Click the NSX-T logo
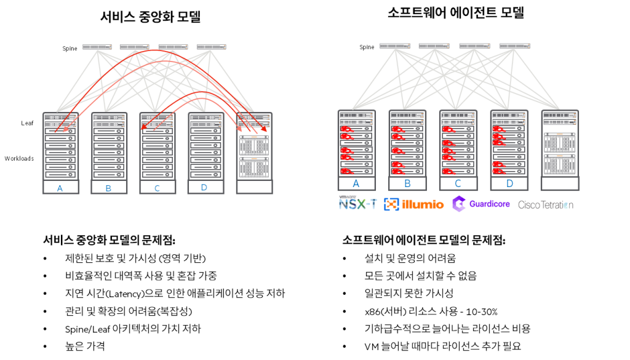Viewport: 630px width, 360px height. [357, 202]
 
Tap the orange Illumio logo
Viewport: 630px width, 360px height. [413, 204]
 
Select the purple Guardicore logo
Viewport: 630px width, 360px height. [481, 204]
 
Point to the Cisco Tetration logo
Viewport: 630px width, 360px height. [546, 205]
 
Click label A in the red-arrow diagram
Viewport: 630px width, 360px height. [60, 188]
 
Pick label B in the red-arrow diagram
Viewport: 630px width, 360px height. [108, 188]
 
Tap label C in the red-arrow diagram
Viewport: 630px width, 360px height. [157, 188]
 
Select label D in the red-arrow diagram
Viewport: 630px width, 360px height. [204, 187]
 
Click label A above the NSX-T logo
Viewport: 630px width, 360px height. [356, 183]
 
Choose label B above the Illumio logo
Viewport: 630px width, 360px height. [407, 183]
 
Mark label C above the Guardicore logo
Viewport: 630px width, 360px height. [458, 183]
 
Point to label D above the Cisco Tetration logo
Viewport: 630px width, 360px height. [509, 183]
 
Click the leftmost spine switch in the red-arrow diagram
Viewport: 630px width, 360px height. [97, 47]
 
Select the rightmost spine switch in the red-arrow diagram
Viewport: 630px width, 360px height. [212, 47]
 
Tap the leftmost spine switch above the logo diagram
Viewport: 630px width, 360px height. [395, 46]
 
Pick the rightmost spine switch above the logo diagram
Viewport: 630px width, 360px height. [515, 46]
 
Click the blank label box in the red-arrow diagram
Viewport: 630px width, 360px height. [254, 187]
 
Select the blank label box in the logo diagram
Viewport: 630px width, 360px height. [560, 183]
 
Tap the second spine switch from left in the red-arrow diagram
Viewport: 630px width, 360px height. [135, 47]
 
